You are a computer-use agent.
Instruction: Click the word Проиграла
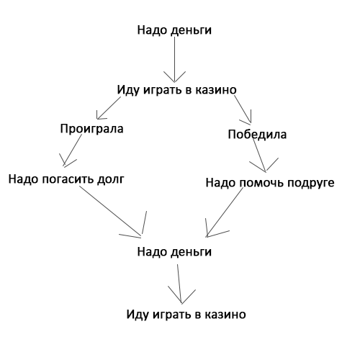click(91, 129)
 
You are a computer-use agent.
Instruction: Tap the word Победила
click(257, 134)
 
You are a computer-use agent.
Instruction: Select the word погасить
click(69, 179)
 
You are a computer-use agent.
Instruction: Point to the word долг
click(111, 179)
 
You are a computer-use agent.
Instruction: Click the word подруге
click(311, 183)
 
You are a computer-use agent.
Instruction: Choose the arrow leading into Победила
click(243, 109)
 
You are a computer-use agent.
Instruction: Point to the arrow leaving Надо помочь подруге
click(225, 212)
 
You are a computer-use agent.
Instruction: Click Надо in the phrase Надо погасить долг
click(24, 179)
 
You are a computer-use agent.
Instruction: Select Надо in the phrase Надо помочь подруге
click(220, 183)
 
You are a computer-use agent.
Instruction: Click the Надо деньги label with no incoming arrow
click(174, 30)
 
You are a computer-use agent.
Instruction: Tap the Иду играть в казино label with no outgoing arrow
click(186, 315)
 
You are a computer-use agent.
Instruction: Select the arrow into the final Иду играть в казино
click(179, 284)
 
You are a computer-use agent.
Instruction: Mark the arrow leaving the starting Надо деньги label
click(174, 60)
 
